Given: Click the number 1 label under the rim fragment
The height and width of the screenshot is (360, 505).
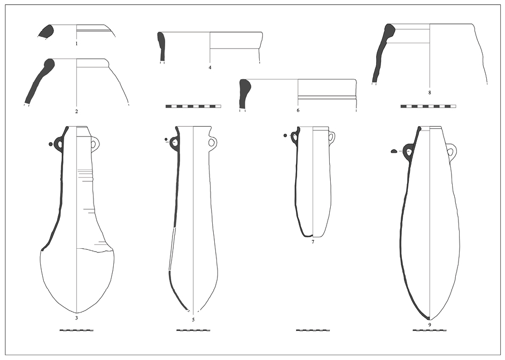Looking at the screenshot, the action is pos(76,43).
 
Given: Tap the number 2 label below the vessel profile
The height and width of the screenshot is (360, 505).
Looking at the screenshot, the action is pos(76,112).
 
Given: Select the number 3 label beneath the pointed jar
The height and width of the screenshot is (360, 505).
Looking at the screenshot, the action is pos(76,318).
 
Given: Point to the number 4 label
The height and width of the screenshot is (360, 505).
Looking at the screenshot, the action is pos(210,68).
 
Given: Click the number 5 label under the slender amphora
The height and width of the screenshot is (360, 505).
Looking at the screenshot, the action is pos(193,320).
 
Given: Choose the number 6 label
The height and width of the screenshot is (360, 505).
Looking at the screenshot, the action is pos(298,111).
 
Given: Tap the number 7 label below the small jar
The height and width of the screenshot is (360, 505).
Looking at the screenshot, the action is pos(313,242).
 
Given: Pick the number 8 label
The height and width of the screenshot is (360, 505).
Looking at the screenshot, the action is pos(430,93).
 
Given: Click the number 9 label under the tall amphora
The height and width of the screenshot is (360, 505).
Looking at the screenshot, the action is pos(430,325).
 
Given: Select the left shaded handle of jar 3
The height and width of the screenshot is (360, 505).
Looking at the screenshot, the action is pos(59,144).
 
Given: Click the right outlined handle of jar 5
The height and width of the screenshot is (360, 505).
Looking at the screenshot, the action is pos(212,142).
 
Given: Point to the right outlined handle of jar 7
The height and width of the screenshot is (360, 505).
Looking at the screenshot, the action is pos(332,137).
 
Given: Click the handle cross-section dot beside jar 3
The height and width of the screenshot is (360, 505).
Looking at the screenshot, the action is pos(50,144).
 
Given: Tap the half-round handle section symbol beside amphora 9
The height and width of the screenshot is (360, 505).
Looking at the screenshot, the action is pos(393,151).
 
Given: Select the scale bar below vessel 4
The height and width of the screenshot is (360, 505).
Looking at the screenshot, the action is pos(193,106).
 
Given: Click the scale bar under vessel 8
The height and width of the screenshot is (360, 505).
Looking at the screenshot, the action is pos(428,106).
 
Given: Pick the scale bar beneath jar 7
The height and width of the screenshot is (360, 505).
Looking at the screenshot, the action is pos(313,330).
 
